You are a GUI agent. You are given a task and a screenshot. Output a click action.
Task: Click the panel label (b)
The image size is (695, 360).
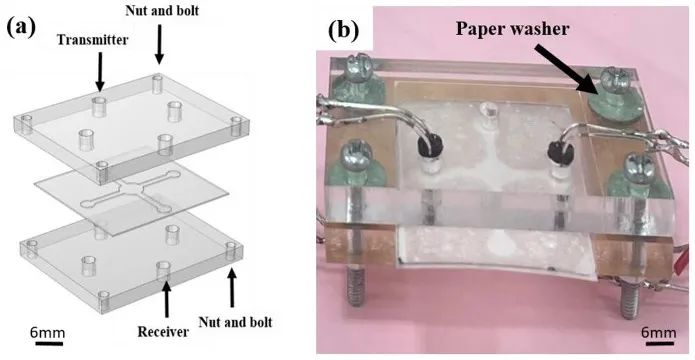tap(344, 31)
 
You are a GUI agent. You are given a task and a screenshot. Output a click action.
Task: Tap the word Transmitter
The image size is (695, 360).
tap(93, 40)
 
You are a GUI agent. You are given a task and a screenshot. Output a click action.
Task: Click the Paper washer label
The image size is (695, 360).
tap(512, 29)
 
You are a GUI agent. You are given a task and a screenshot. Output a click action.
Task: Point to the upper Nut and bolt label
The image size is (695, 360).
tap(161, 10)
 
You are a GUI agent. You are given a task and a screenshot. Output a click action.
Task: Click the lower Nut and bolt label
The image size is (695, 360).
tap(235, 321)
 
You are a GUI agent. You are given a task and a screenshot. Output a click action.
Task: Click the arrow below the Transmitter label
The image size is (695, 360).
tap(100, 71)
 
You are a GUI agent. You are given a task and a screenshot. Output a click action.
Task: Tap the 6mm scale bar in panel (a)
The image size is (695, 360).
tap(48, 343)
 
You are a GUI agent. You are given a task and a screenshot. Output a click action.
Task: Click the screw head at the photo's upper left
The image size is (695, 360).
tap(355, 66)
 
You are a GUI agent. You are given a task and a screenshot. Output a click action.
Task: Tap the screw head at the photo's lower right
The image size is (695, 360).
tap(638, 165)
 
